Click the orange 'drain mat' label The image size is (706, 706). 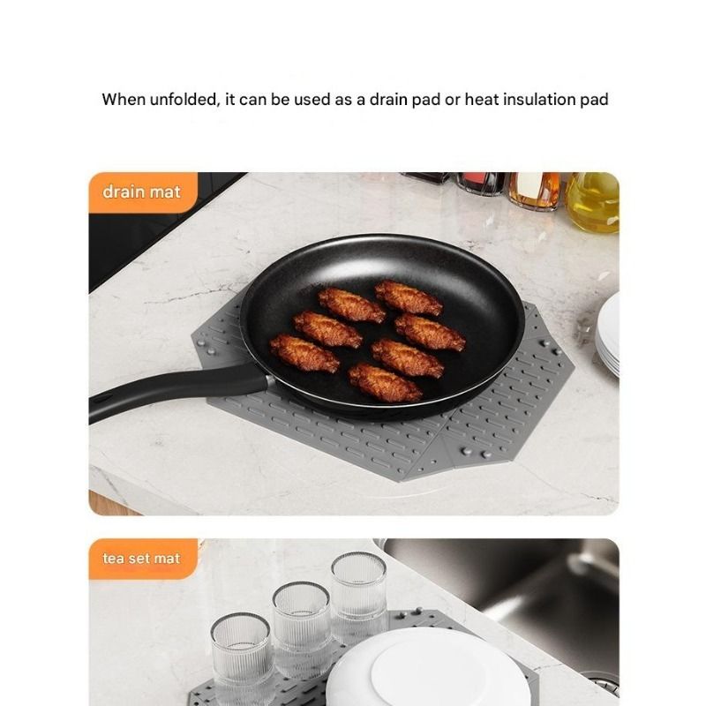(x=142, y=192)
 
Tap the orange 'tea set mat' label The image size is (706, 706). (x=142, y=559)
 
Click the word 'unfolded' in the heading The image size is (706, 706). (x=184, y=99)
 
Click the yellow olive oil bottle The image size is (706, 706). (x=592, y=203)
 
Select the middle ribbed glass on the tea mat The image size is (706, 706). (x=302, y=626)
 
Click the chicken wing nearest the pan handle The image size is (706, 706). (x=304, y=353)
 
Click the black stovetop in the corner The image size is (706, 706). (x=148, y=225)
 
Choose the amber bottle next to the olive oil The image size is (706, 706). (x=535, y=191)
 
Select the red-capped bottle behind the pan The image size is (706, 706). (x=480, y=184)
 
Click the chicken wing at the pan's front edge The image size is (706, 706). (x=385, y=382)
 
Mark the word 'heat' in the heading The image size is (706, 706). (x=482, y=99)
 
